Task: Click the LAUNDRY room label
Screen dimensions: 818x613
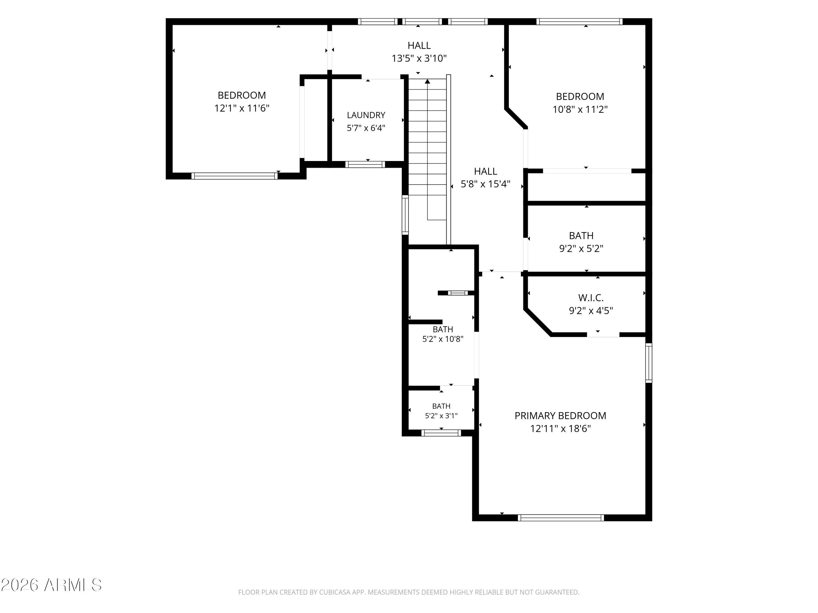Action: coord(366,115)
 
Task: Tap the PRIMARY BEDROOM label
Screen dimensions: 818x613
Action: coord(560,416)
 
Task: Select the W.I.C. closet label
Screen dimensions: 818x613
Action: coord(591,298)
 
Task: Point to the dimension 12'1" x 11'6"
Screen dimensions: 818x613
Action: coord(242,108)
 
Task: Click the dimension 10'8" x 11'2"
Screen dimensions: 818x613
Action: coord(580,109)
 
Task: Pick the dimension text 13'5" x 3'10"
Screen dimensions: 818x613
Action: coord(419,58)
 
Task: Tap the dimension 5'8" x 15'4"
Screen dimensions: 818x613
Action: coord(486,184)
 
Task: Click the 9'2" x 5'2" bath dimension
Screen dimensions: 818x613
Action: coord(581,249)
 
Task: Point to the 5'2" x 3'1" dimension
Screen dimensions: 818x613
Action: coord(441,416)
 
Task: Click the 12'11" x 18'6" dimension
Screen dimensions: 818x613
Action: coord(561,429)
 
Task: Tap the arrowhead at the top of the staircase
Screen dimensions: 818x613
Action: coord(428,81)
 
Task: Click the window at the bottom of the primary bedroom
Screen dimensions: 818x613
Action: coord(561,518)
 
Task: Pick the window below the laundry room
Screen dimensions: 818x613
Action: coord(365,165)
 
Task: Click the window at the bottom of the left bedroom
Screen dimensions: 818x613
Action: coord(234,176)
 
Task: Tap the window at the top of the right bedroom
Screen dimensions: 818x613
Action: coord(579,22)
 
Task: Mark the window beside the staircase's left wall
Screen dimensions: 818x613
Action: coord(405,215)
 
